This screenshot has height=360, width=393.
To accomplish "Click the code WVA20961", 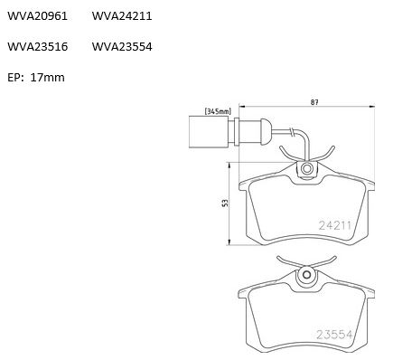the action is click(37, 16).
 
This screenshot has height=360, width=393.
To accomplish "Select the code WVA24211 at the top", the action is click(122, 16).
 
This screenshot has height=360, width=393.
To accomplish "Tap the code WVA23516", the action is click(37, 47).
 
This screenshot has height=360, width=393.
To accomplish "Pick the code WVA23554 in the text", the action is click(122, 47).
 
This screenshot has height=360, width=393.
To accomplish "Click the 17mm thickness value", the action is click(48, 78).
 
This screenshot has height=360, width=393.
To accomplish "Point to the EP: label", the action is click(15, 78).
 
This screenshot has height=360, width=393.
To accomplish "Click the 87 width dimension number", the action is click(314, 102).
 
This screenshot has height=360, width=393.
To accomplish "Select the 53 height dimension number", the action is click(225, 203).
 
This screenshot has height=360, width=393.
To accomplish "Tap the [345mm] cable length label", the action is click(218, 111).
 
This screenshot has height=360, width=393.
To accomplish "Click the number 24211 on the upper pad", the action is click(335, 225).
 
